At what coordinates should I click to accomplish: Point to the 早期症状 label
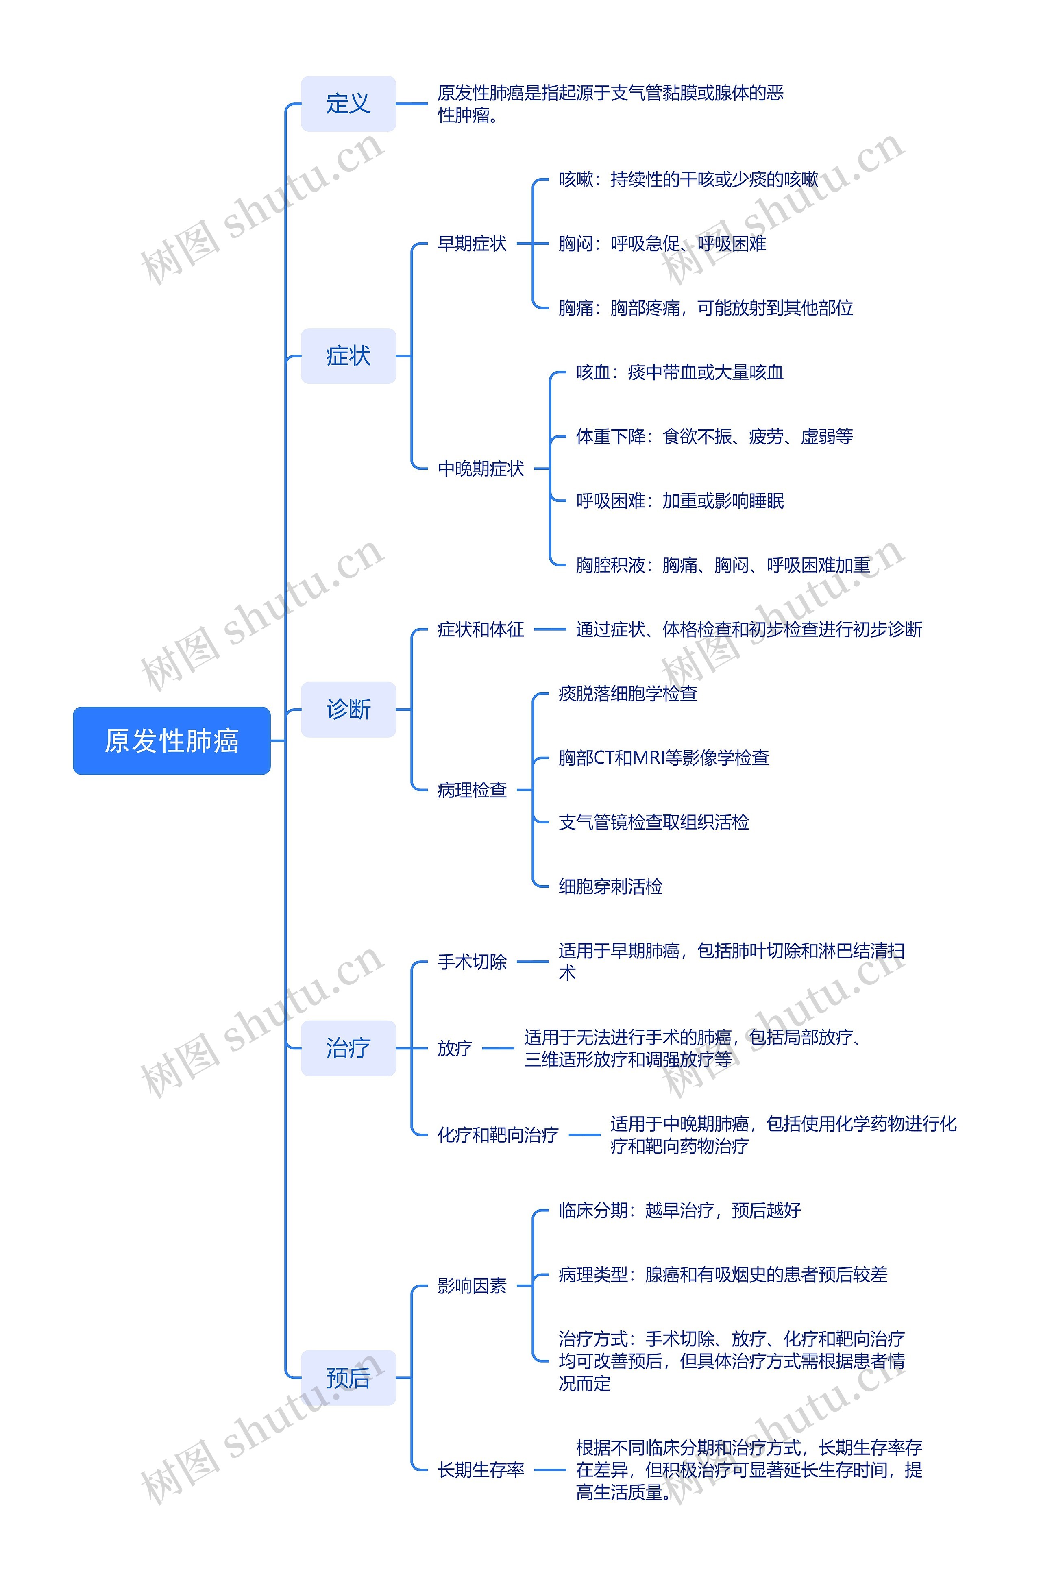(x=472, y=244)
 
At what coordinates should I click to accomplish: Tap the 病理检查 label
(x=472, y=790)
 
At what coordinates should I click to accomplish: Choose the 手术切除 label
(x=472, y=962)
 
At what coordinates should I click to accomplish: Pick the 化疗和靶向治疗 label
(x=497, y=1135)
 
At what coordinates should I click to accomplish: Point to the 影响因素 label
(x=472, y=1285)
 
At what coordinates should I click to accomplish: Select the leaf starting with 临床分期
(x=679, y=1210)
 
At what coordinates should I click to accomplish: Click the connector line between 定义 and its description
(x=412, y=104)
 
